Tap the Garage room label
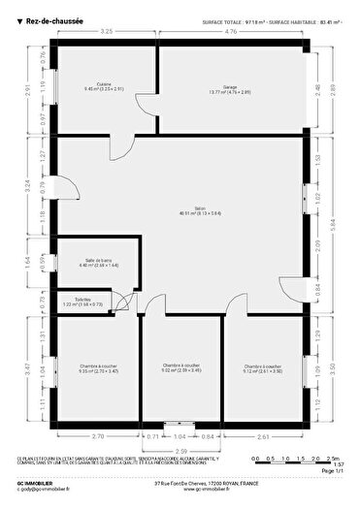click(x=230, y=90)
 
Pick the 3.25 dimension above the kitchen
click(x=107, y=32)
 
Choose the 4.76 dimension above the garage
click(x=231, y=32)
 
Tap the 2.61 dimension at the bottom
click(x=263, y=437)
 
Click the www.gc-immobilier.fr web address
click(x=180, y=491)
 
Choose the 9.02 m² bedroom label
click(x=181, y=367)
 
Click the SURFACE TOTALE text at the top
click(x=227, y=19)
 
